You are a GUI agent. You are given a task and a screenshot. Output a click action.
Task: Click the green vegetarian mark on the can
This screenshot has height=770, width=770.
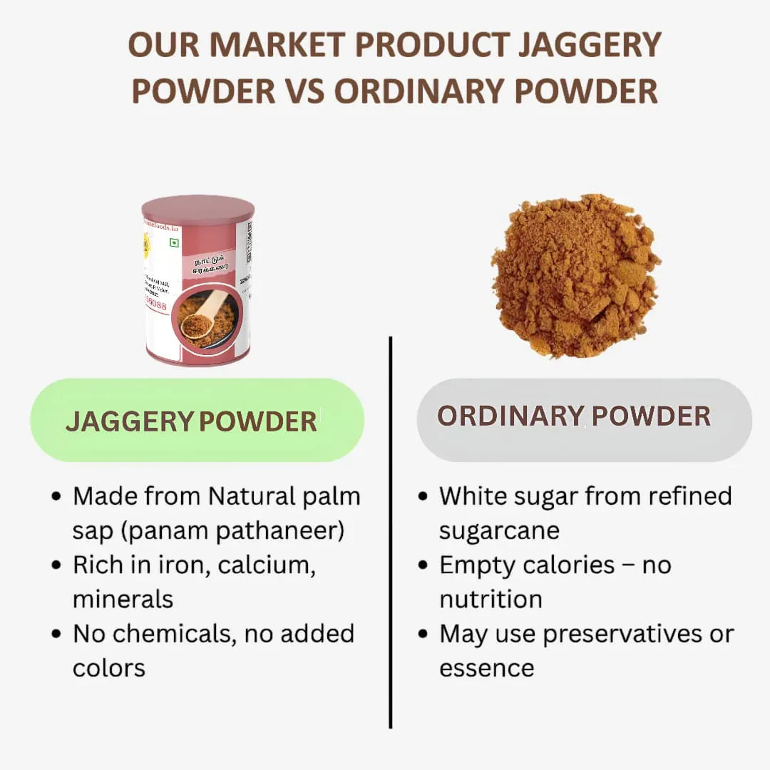click(x=173, y=242)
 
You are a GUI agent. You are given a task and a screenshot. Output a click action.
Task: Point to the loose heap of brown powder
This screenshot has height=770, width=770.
click(x=575, y=274)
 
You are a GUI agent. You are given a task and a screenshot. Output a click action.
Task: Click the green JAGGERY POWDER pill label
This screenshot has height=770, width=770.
click(x=197, y=421)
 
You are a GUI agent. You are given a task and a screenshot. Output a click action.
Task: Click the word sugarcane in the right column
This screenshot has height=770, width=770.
click(x=499, y=531)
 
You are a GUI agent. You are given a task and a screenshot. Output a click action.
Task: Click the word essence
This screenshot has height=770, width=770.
click(x=486, y=668)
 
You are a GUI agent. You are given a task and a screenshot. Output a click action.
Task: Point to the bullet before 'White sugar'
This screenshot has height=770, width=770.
click(x=423, y=497)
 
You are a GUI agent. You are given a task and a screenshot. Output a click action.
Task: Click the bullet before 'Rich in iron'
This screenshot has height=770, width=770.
click(x=57, y=565)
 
